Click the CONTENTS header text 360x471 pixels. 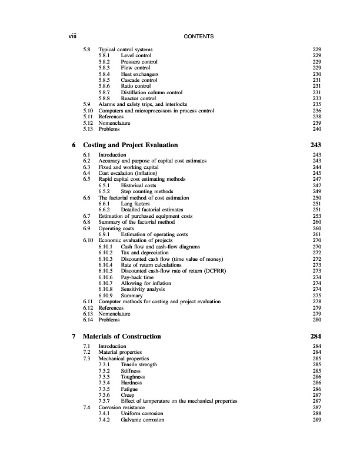coord(198,37)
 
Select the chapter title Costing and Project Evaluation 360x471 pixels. coord(131,145)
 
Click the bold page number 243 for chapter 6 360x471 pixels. coord(315,145)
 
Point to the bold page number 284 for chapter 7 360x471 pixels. coord(315,336)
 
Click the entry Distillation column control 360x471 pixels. coord(151,92)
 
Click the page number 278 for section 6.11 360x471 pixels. coord(316,301)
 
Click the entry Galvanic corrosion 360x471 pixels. coord(143,420)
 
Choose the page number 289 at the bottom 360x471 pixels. coord(316,420)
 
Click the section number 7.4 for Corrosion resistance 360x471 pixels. coord(87,407)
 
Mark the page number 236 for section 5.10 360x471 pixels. coord(316,111)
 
